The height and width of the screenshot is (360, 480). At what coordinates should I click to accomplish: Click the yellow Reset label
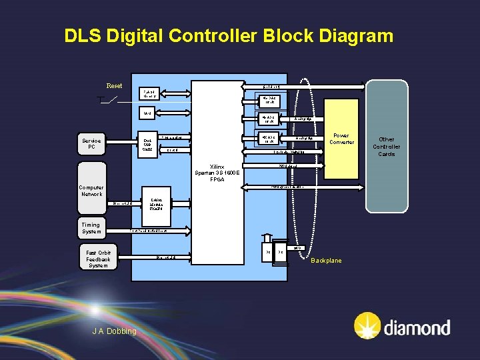click(x=114, y=86)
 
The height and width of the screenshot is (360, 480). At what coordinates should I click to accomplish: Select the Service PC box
click(x=91, y=144)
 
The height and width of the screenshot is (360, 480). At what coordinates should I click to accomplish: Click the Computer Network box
click(x=91, y=191)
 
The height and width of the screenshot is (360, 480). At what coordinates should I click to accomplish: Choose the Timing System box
click(x=91, y=228)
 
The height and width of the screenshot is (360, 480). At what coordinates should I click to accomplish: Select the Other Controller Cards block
click(x=387, y=147)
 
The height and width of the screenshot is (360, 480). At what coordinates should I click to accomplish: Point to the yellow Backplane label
click(x=326, y=260)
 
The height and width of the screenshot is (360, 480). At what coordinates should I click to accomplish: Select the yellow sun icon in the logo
click(x=367, y=326)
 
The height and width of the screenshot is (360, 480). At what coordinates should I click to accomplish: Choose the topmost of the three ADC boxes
click(x=270, y=101)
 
